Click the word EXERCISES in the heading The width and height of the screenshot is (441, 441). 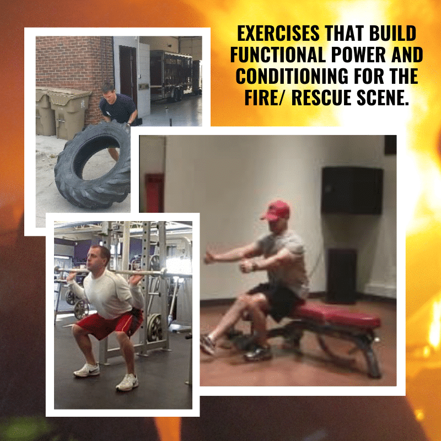tap(278, 33)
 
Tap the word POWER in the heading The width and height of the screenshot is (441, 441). tap(358, 55)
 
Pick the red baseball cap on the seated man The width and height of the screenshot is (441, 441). tap(276, 211)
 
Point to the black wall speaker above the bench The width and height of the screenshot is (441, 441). tap(352, 190)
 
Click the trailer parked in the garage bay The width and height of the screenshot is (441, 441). tap(171, 76)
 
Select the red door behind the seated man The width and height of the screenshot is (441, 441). tap(154, 193)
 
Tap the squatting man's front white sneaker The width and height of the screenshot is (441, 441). tap(127, 382)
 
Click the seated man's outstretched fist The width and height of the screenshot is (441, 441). tap(209, 257)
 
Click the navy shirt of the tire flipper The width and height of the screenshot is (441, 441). tap(117, 108)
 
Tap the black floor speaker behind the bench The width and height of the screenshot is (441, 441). tap(342, 276)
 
